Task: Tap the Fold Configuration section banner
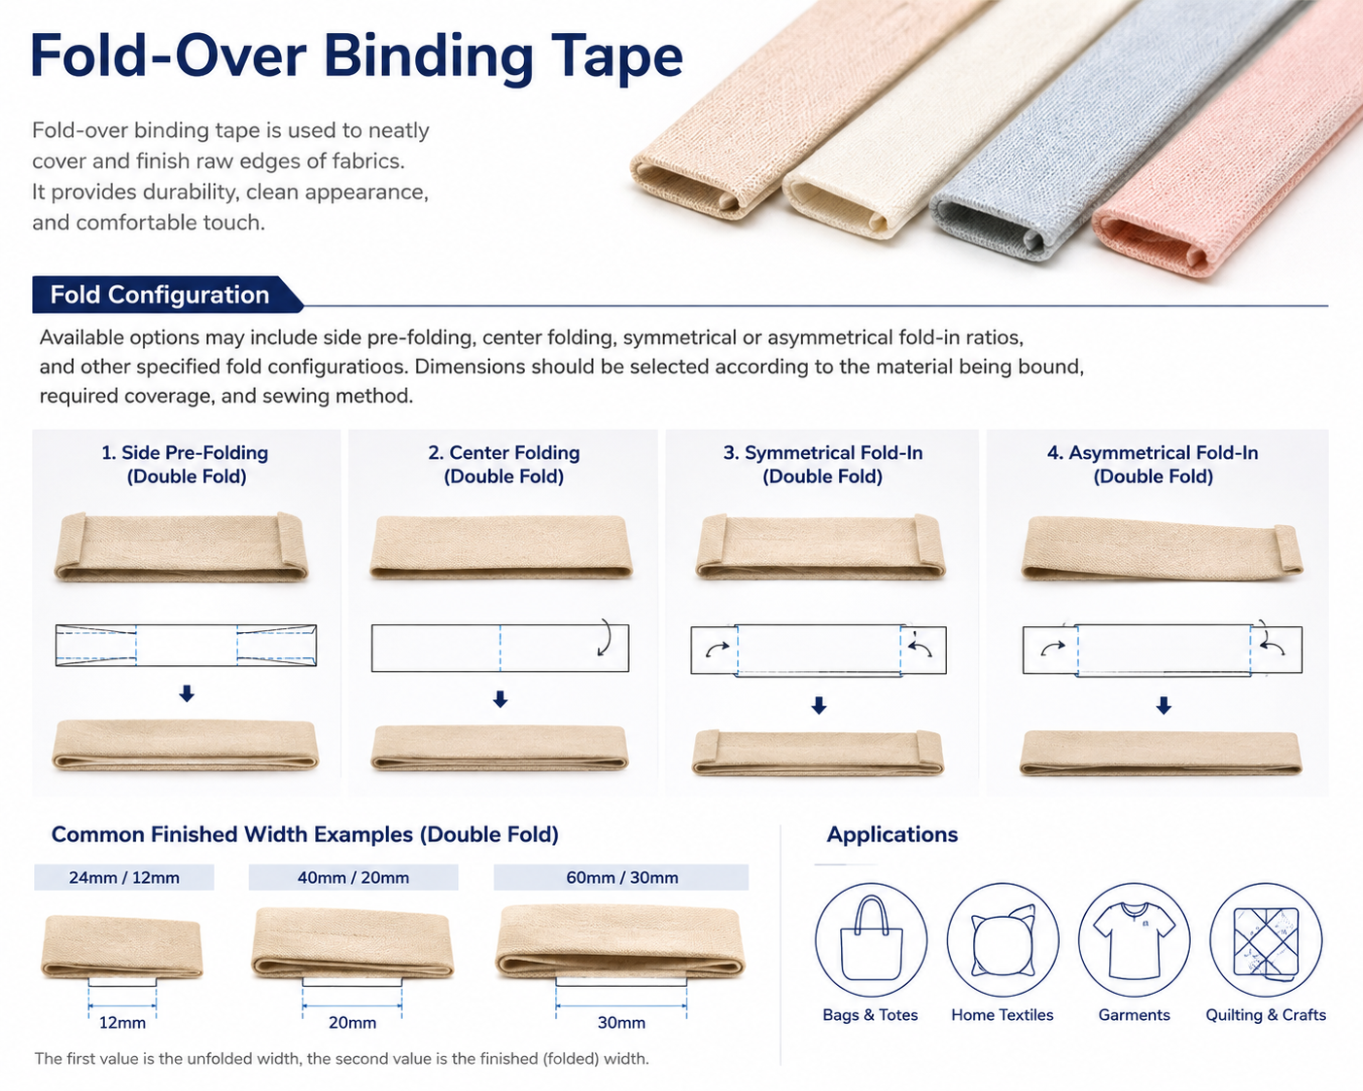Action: coord(166,295)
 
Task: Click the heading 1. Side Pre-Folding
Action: coord(185,452)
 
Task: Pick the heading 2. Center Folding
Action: coord(504,452)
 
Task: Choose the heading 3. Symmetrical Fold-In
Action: coord(822,452)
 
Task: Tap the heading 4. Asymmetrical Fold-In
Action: coord(1153,452)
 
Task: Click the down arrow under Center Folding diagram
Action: coord(501,699)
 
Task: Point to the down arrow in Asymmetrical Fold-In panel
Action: coord(1164,705)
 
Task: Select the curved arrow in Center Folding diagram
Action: coord(606,637)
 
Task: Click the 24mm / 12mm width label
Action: coord(124,877)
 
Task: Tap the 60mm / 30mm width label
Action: coord(621,877)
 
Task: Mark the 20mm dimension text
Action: coord(352,1023)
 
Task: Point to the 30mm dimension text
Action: coord(621,1023)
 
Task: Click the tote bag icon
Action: coord(871,939)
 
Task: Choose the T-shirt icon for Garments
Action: coord(1134,939)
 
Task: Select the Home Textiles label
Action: coord(1002,1015)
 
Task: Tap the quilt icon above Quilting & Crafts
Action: coord(1266,939)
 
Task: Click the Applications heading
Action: coord(891,834)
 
